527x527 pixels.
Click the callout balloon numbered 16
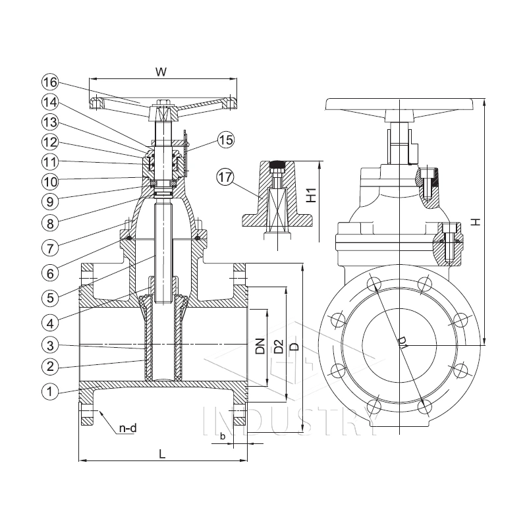pos(50,82)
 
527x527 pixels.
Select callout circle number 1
pos(50,391)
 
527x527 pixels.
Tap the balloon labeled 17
pos(226,177)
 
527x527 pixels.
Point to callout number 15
pos(226,140)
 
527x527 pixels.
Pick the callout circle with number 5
pos(50,296)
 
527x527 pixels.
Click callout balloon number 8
pos(50,223)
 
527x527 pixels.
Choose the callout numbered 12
pos(50,142)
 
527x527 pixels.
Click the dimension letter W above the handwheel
pos(160,70)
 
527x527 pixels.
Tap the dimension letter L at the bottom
pos(161,454)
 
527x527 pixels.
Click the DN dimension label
pos(260,347)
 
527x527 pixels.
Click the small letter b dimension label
pos(223,435)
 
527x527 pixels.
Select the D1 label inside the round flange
pos(402,343)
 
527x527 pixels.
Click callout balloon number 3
pos(50,345)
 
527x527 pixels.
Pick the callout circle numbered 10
pos(50,180)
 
